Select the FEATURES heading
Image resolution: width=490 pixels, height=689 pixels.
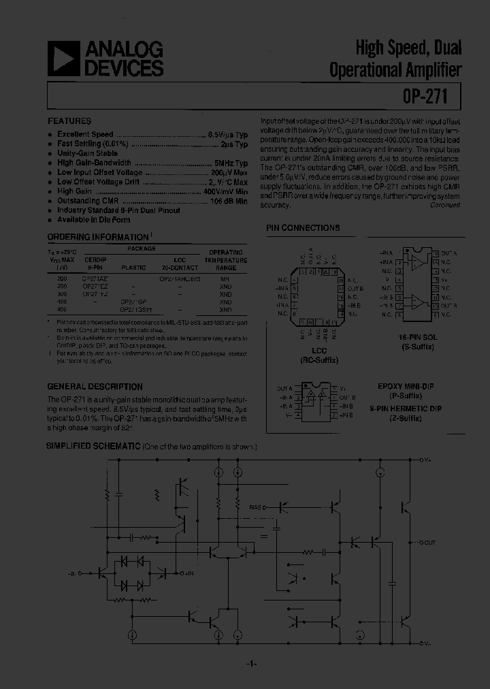coord(69,121)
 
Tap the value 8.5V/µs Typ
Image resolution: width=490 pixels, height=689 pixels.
coord(227,135)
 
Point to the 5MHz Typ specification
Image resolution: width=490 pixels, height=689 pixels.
coord(231,163)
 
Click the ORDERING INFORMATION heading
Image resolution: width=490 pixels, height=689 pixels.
coord(97,237)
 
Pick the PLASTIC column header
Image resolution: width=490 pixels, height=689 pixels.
coord(133,268)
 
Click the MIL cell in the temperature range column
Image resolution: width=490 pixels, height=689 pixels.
coord(225,279)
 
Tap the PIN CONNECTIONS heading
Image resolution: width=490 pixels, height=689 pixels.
coord(303,228)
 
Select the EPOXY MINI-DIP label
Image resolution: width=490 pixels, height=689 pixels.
coord(405,386)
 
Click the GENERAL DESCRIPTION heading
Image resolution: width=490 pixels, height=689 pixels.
coord(95,387)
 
